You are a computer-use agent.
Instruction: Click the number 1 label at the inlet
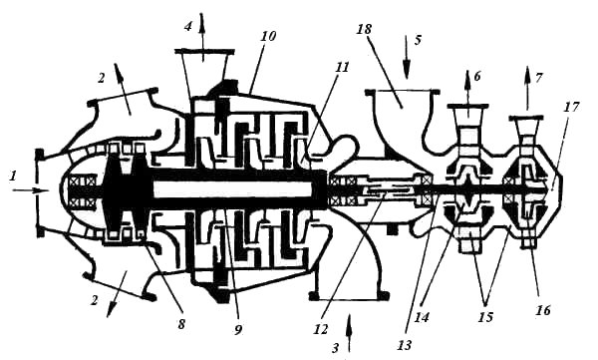[x=13, y=176]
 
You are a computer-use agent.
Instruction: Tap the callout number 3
[x=337, y=346]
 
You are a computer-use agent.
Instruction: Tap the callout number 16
[x=543, y=311]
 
